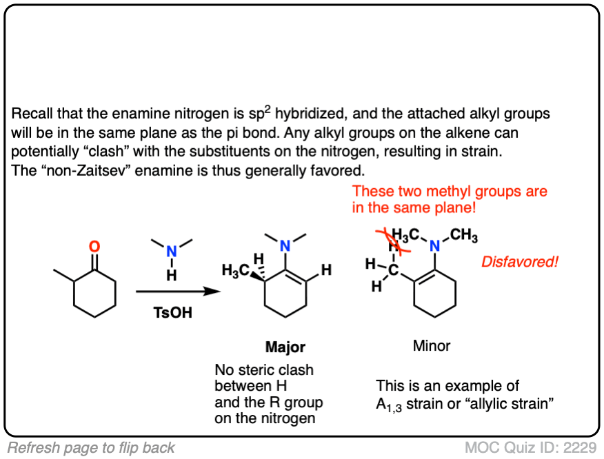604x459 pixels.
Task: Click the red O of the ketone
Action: [95, 246]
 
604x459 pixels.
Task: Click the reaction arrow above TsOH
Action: [178, 292]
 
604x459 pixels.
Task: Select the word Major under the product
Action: [285, 347]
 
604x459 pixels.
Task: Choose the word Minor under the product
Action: [432, 347]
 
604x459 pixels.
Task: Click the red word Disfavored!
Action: [519, 263]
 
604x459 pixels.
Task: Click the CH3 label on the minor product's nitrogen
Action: [465, 236]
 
